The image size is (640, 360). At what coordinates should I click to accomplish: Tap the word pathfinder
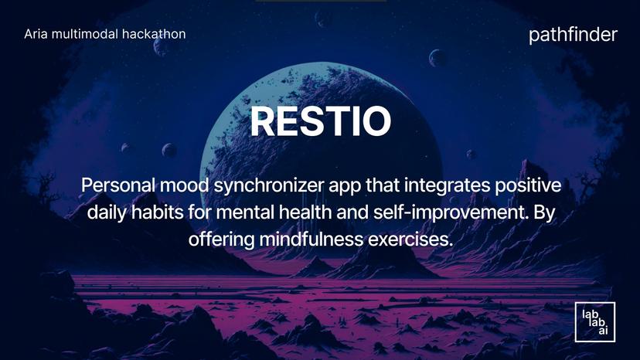click(x=574, y=35)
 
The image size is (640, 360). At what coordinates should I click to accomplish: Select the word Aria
click(x=36, y=34)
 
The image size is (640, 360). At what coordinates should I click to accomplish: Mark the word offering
click(x=221, y=239)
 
